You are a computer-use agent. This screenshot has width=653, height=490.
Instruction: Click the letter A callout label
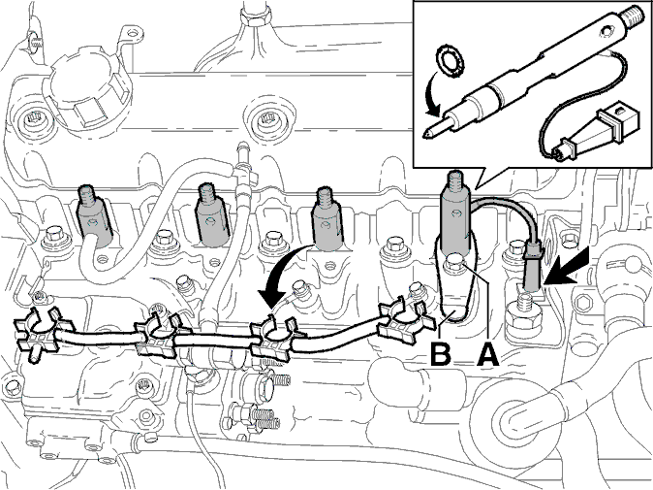(487, 354)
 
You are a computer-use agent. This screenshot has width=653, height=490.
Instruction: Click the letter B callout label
(441, 354)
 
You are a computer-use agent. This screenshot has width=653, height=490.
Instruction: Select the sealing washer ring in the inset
(451, 61)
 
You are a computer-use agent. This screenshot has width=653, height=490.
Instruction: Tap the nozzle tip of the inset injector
(430, 133)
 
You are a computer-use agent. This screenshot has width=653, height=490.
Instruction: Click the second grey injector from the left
(212, 215)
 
